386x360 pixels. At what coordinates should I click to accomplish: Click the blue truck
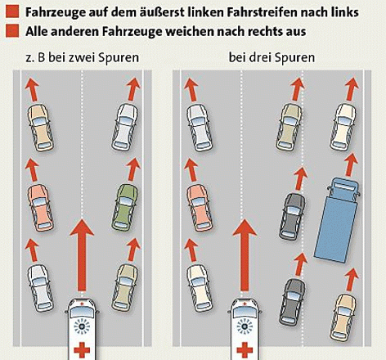337,219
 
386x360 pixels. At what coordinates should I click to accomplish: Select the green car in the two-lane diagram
125,207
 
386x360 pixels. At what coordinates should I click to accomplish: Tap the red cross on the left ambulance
82,350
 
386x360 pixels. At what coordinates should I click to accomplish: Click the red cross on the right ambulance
245,350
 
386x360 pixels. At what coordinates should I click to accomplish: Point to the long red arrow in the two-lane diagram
82,255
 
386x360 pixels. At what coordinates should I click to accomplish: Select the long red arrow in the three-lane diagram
245,255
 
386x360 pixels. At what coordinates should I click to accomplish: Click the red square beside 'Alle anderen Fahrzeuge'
12,31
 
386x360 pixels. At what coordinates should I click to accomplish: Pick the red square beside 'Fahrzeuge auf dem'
12,11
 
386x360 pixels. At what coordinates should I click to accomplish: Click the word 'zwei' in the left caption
83,57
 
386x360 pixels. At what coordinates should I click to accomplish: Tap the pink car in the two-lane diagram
40,208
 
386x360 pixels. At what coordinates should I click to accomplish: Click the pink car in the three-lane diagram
200,208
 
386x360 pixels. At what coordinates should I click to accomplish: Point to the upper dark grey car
292,217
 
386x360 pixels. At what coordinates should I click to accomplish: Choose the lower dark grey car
292,302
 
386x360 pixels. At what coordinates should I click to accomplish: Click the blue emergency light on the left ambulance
82,326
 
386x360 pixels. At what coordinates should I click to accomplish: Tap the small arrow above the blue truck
350,165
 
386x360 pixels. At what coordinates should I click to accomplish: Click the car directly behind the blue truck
343,317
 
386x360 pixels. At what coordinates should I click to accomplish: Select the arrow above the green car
133,169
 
